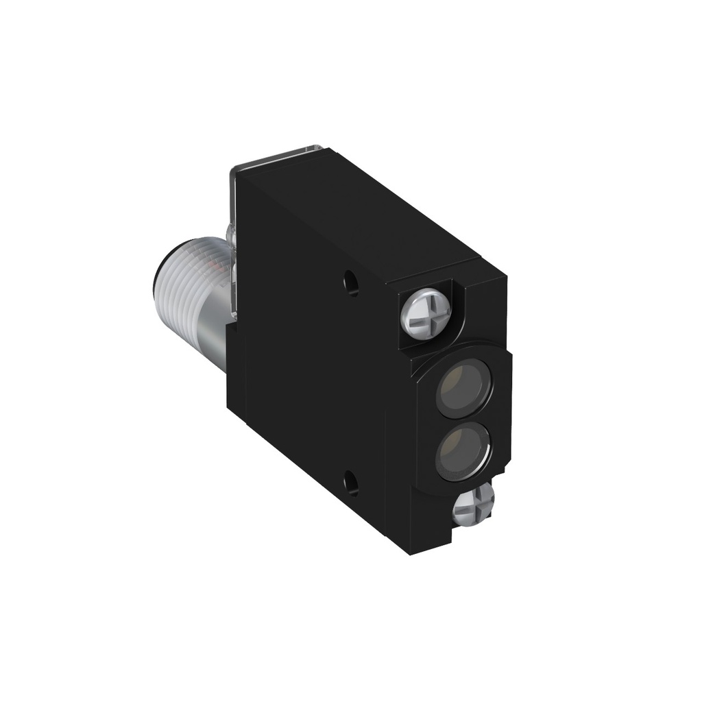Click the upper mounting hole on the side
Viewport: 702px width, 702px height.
click(x=352, y=282)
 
